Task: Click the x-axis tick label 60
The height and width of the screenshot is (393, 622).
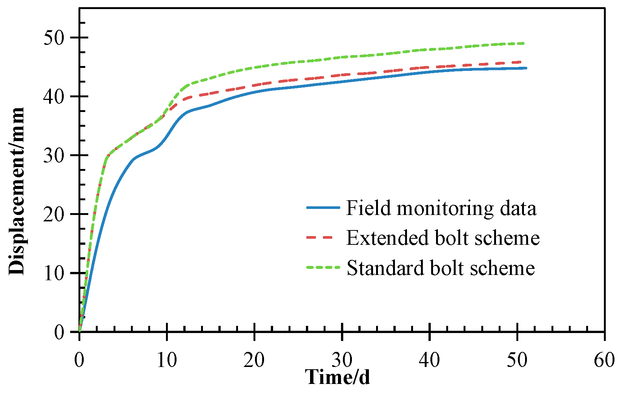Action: (604, 360)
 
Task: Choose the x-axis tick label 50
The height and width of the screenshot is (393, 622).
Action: (517, 360)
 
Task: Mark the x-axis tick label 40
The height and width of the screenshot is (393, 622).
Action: (429, 360)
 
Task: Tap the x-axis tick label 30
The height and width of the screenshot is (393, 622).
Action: (342, 360)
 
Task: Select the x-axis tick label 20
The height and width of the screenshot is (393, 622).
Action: (254, 360)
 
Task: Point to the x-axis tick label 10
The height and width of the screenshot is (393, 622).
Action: (167, 360)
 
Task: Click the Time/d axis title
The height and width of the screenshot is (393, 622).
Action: (337, 377)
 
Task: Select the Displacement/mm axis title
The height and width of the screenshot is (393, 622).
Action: (17, 191)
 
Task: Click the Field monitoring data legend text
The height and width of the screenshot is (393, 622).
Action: (441, 208)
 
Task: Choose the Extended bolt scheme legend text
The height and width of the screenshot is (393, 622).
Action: (443, 238)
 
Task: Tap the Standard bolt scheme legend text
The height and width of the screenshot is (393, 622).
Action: (441, 268)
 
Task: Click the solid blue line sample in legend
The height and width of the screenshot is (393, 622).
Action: (323, 207)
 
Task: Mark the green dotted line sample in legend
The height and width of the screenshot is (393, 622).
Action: (323, 267)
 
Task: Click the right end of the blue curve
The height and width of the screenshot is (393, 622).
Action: (526, 68)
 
